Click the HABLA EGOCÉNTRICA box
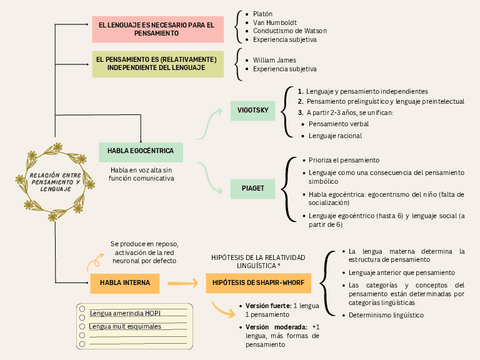click(x=140, y=151)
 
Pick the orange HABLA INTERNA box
click(x=124, y=283)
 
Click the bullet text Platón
click(x=264, y=13)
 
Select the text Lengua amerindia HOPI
click(x=124, y=313)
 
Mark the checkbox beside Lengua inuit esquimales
click(x=81, y=326)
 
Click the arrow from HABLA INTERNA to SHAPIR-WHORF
click(x=182, y=283)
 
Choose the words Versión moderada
click(x=276, y=326)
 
